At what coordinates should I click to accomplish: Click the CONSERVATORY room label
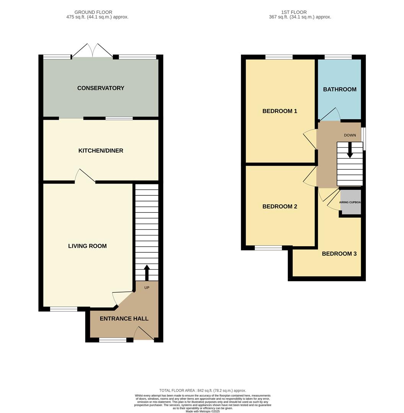pos(101,88)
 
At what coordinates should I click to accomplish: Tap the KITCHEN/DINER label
pos(101,151)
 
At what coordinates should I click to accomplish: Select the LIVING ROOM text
pos(87,246)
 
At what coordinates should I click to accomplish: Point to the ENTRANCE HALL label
pos(124,319)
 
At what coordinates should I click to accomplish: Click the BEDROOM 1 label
pos(280,111)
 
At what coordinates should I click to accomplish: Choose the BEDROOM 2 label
pos(280,206)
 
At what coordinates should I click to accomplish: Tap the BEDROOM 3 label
pos(339,254)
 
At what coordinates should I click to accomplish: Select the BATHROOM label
pos(340,89)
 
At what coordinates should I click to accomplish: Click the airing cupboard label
pos(350,202)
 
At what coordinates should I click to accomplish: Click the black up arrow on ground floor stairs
pos(147,272)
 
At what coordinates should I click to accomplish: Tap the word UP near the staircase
pos(147,288)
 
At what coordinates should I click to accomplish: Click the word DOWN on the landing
pos(350,135)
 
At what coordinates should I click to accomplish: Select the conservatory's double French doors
pos(92,51)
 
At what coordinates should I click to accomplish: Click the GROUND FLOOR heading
pos(93,12)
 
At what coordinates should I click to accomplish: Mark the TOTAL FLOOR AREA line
pos(202,390)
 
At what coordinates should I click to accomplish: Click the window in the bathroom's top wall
pos(338,57)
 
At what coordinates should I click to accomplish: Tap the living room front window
pos(64,309)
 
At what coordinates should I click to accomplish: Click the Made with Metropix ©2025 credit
pos(203,411)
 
